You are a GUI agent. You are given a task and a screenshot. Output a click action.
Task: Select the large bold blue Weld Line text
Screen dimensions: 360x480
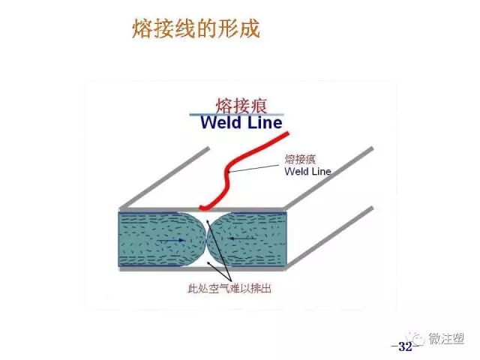click(241, 122)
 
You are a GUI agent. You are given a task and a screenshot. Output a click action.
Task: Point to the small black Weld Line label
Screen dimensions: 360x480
click(307, 172)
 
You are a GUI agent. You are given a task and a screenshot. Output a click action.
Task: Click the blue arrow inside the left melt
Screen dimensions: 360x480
click(175, 239)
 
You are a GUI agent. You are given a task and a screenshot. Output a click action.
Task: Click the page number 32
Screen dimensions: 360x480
click(405, 346)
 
